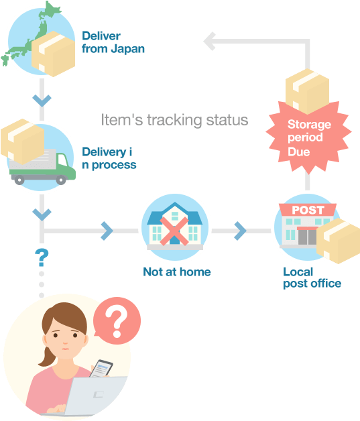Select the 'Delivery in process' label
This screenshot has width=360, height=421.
[109, 159]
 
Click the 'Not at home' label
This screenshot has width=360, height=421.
[176, 272]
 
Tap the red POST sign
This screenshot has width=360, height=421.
[308, 210]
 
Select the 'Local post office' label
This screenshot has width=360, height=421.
[312, 278]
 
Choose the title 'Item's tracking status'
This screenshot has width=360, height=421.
[174, 120]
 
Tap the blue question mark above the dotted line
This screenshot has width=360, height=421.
[42, 256]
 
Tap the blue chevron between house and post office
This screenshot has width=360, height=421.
[239, 231]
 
